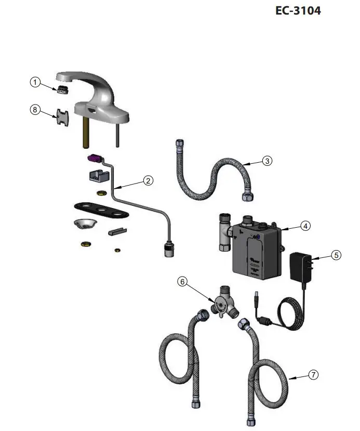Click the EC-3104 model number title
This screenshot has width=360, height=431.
(x=298, y=10)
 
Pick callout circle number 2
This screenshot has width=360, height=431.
(x=149, y=181)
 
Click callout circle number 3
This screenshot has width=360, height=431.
(x=267, y=161)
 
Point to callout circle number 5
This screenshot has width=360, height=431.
(x=337, y=255)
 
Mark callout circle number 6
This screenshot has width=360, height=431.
(x=182, y=281)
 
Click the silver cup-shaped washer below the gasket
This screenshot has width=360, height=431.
(x=83, y=224)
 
